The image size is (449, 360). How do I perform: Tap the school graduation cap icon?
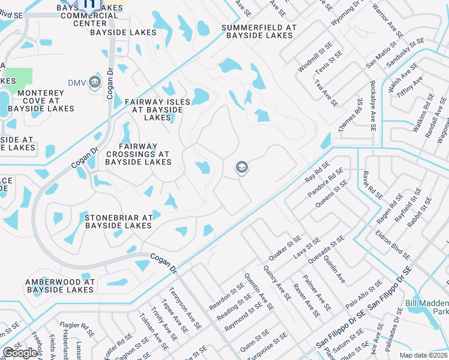click(241, 167)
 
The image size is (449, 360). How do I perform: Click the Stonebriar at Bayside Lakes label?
click(119, 222)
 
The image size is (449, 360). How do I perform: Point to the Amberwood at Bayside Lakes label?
click(60, 286)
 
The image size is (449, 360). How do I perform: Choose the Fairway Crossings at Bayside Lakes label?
click(139, 154)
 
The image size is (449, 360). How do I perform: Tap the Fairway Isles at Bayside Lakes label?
click(157, 110)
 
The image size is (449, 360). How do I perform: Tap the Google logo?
click(20, 353)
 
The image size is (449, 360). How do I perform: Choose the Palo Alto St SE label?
click(364, 294)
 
